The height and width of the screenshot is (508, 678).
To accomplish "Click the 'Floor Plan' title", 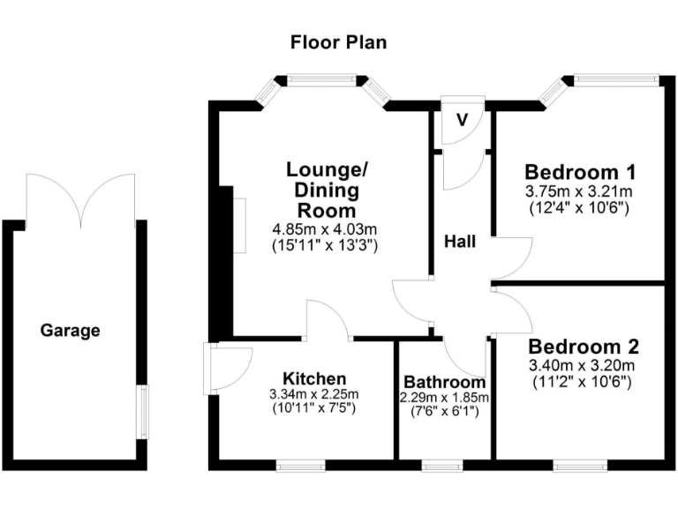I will point(339,41).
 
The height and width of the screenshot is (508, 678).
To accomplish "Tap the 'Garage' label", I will point(71,332).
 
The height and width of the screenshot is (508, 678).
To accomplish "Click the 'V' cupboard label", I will point(463,119).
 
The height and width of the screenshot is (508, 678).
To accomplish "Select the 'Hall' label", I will point(461,241).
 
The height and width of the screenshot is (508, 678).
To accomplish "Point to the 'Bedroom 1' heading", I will point(580,171).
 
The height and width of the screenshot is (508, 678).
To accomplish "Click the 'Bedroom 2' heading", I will point(583,346).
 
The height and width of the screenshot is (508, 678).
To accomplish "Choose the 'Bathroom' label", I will point(444,383).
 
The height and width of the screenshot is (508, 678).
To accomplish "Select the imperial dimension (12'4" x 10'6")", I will point(580,207).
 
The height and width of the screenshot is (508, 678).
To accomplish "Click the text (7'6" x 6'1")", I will point(445,412).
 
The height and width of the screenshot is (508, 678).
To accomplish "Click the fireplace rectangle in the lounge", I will point(239,224).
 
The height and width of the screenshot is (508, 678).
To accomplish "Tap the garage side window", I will point(143,411).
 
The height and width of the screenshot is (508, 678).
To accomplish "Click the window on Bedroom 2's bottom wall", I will point(580,464).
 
